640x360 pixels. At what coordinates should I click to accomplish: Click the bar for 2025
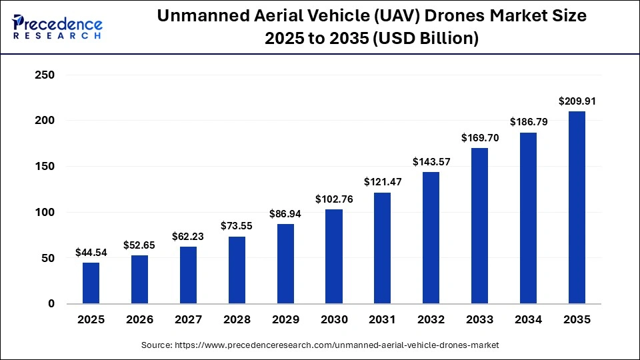[91, 283]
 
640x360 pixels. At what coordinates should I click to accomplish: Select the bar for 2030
[334, 257]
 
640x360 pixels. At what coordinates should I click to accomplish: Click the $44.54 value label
[91, 253]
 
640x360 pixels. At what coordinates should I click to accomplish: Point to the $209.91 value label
[577, 101]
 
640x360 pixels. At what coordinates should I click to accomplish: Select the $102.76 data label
[334, 199]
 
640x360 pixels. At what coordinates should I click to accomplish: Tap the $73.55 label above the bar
[237, 227]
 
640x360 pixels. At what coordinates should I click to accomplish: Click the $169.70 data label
[479, 138]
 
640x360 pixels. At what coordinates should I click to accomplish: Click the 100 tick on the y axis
[43, 213]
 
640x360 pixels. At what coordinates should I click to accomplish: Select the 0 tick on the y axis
[51, 304]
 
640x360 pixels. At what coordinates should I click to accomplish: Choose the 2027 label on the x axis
[188, 320]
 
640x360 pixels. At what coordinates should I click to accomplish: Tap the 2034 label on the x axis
[528, 320]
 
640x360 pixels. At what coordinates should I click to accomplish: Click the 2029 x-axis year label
[285, 320]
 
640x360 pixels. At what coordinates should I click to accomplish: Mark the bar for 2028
[237, 270]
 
